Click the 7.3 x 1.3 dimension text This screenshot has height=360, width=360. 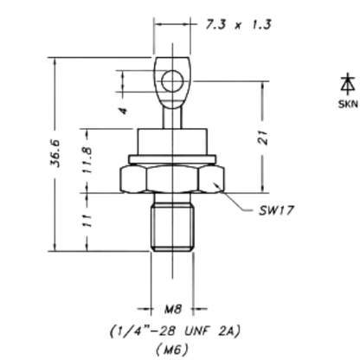238,24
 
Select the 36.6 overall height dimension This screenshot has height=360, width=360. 55,153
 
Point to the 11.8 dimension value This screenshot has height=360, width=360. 87,160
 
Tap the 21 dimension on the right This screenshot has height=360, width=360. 262,138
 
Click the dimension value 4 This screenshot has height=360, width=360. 123,111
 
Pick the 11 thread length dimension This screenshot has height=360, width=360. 87,221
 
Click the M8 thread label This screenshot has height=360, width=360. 173,309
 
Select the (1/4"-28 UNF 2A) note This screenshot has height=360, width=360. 175,331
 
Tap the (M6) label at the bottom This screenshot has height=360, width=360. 172,350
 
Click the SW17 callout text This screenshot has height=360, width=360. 276,210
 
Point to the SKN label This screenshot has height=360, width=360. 348,104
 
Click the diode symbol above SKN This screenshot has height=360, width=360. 348,84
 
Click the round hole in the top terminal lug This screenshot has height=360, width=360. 172,81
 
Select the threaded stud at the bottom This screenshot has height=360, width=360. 172,227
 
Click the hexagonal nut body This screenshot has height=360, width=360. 172,179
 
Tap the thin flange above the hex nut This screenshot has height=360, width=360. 172,159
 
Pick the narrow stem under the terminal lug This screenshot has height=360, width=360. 172,118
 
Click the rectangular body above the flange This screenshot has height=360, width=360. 172,142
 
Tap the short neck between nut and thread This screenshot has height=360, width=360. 172,198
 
